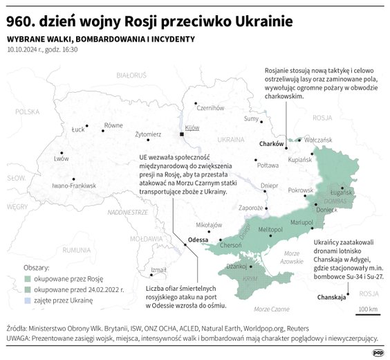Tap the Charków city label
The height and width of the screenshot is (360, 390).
272,144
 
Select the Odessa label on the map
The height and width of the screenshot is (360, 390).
198,240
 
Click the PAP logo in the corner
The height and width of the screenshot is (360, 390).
378,352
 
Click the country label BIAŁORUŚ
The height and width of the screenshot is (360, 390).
132,74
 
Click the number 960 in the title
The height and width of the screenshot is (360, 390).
20,16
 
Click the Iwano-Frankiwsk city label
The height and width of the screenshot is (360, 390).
74,186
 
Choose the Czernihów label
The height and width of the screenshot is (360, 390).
210,107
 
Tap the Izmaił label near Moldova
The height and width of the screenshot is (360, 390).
158,269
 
